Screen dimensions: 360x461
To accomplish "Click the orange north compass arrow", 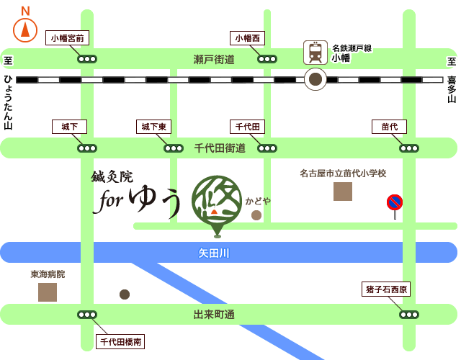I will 25,30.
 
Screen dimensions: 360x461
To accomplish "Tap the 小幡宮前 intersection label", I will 67,38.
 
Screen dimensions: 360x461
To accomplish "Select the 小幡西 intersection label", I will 247,38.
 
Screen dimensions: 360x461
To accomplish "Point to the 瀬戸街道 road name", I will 214,59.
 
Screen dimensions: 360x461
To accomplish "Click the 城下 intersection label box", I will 69,127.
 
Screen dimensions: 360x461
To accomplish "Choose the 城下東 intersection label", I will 153,127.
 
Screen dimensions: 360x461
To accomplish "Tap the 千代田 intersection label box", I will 247,127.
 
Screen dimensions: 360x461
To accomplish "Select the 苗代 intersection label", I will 389,127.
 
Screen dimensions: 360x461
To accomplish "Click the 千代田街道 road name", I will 220,148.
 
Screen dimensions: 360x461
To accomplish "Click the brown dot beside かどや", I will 256,215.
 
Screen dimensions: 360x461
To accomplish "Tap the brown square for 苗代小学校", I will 343,192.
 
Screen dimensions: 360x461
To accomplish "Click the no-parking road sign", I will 395,203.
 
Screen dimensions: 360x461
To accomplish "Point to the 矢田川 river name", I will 214,253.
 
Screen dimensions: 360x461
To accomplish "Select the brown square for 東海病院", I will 48,292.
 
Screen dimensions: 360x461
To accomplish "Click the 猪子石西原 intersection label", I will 386,289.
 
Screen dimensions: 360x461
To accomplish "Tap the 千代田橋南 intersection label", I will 120,342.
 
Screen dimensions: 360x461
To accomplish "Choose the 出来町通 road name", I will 214,315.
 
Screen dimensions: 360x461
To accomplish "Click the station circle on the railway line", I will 315,79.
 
